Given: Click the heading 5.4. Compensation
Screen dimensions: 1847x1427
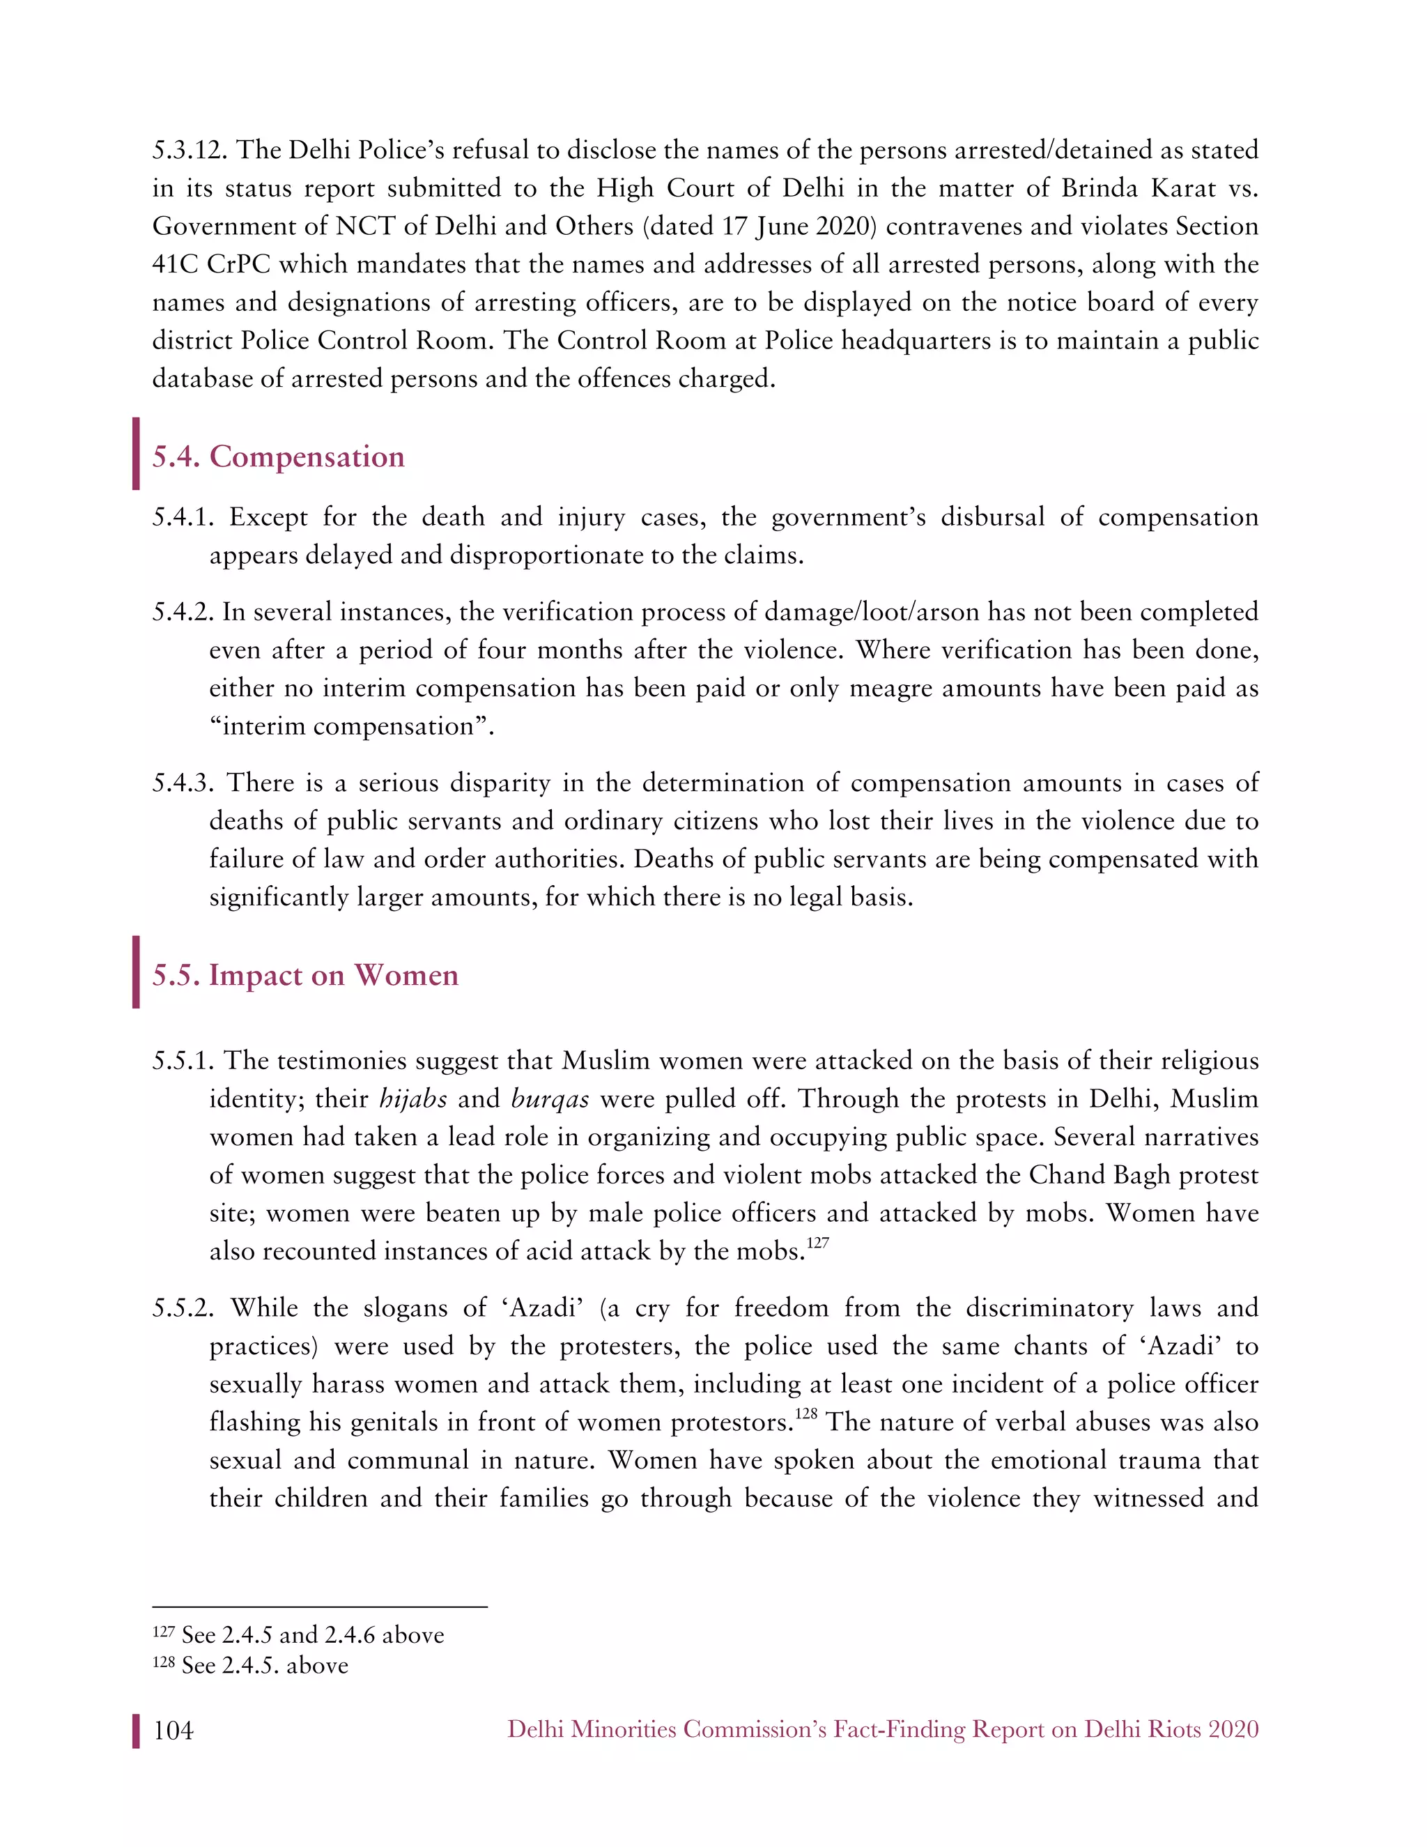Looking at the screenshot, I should tap(278, 457).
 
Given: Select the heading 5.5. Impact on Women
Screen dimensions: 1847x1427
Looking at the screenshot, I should tap(305, 975).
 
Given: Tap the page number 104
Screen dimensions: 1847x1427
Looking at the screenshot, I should tap(173, 1731).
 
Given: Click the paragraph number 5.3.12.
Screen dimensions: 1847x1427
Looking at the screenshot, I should tap(190, 151).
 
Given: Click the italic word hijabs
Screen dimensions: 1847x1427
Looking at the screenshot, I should tap(413, 1098).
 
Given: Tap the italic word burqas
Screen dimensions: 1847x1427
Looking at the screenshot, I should tap(550, 1098).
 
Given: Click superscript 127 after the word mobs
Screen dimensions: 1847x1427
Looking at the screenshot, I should tap(817, 1242).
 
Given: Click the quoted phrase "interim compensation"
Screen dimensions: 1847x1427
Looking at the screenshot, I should tap(351, 726).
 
